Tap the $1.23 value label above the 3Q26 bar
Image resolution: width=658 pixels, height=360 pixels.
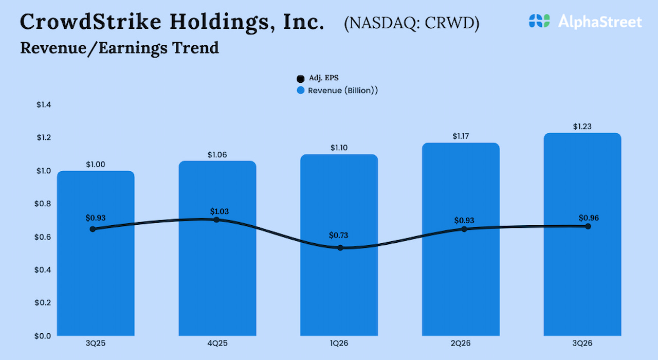tap(582, 127)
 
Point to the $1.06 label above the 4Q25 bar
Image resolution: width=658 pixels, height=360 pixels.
tap(217, 154)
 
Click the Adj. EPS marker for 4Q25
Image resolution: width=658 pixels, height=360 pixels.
tap(216, 220)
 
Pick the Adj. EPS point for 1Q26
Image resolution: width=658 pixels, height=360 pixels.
tap(340, 248)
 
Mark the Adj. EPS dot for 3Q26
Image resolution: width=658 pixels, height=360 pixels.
tap(588, 226)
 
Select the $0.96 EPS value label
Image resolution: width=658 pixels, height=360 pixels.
tap(588, 218)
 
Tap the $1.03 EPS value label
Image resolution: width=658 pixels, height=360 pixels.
tap(220, 211)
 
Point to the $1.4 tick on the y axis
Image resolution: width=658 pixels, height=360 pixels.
tap(44, 105)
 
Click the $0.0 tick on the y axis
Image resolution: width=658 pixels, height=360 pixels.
tap(44, 336)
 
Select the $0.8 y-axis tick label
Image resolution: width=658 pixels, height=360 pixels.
tap(44, 204)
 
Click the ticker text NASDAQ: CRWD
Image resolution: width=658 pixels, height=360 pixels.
tap(411, 24)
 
